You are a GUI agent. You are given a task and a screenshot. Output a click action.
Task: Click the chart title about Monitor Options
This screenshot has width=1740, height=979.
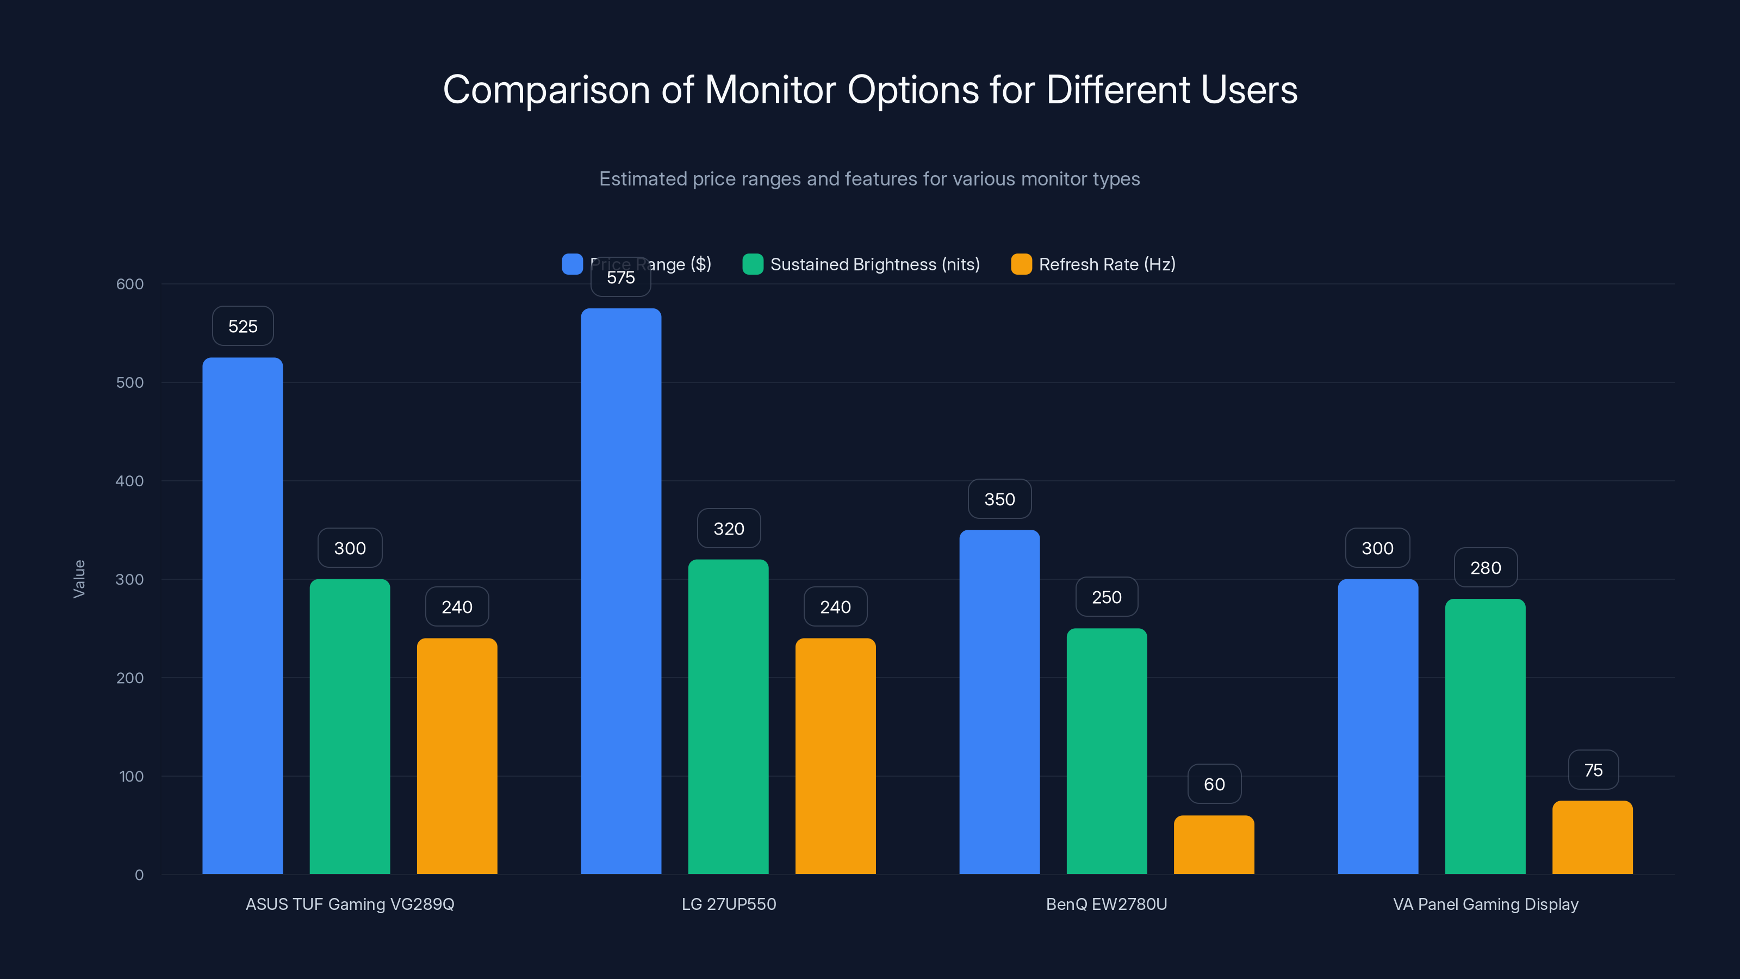(870, 90)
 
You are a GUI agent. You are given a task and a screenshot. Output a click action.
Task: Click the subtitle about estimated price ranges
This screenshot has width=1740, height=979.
(869, 179)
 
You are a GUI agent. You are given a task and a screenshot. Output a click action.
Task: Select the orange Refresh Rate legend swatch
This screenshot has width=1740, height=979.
(1021, 264)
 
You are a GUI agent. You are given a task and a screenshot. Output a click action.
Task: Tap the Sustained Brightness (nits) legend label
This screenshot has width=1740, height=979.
(875, 264)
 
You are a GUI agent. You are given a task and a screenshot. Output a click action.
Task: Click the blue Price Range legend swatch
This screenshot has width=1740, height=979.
(572, 264)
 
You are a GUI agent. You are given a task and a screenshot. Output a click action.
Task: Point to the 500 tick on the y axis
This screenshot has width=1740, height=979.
(130, 382)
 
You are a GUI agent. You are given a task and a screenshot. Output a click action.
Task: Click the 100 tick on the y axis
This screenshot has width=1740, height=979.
(131, 776)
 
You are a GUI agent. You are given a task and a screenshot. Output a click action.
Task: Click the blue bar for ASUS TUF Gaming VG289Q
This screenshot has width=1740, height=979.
(243, 615)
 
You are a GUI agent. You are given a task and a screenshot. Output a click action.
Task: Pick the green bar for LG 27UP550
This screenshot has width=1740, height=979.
(728, 716)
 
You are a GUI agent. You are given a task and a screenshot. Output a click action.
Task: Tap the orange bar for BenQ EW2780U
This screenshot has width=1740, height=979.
(1214, 845)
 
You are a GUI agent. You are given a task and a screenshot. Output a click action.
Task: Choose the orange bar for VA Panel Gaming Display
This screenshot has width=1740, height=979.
(1592, 838)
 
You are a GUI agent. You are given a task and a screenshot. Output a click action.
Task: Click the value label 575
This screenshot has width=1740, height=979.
(621, 278)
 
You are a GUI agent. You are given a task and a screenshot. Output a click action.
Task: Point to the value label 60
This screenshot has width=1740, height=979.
(1214, 784)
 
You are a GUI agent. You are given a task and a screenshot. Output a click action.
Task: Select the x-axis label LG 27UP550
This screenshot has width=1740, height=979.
(728, 904)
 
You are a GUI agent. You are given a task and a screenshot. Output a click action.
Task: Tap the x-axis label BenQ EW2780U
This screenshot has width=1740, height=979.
(1107, 904)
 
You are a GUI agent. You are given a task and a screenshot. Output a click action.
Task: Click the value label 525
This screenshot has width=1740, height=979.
(243, 326)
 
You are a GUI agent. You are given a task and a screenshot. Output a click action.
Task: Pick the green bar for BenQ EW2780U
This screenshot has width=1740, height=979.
(1107, 750)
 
